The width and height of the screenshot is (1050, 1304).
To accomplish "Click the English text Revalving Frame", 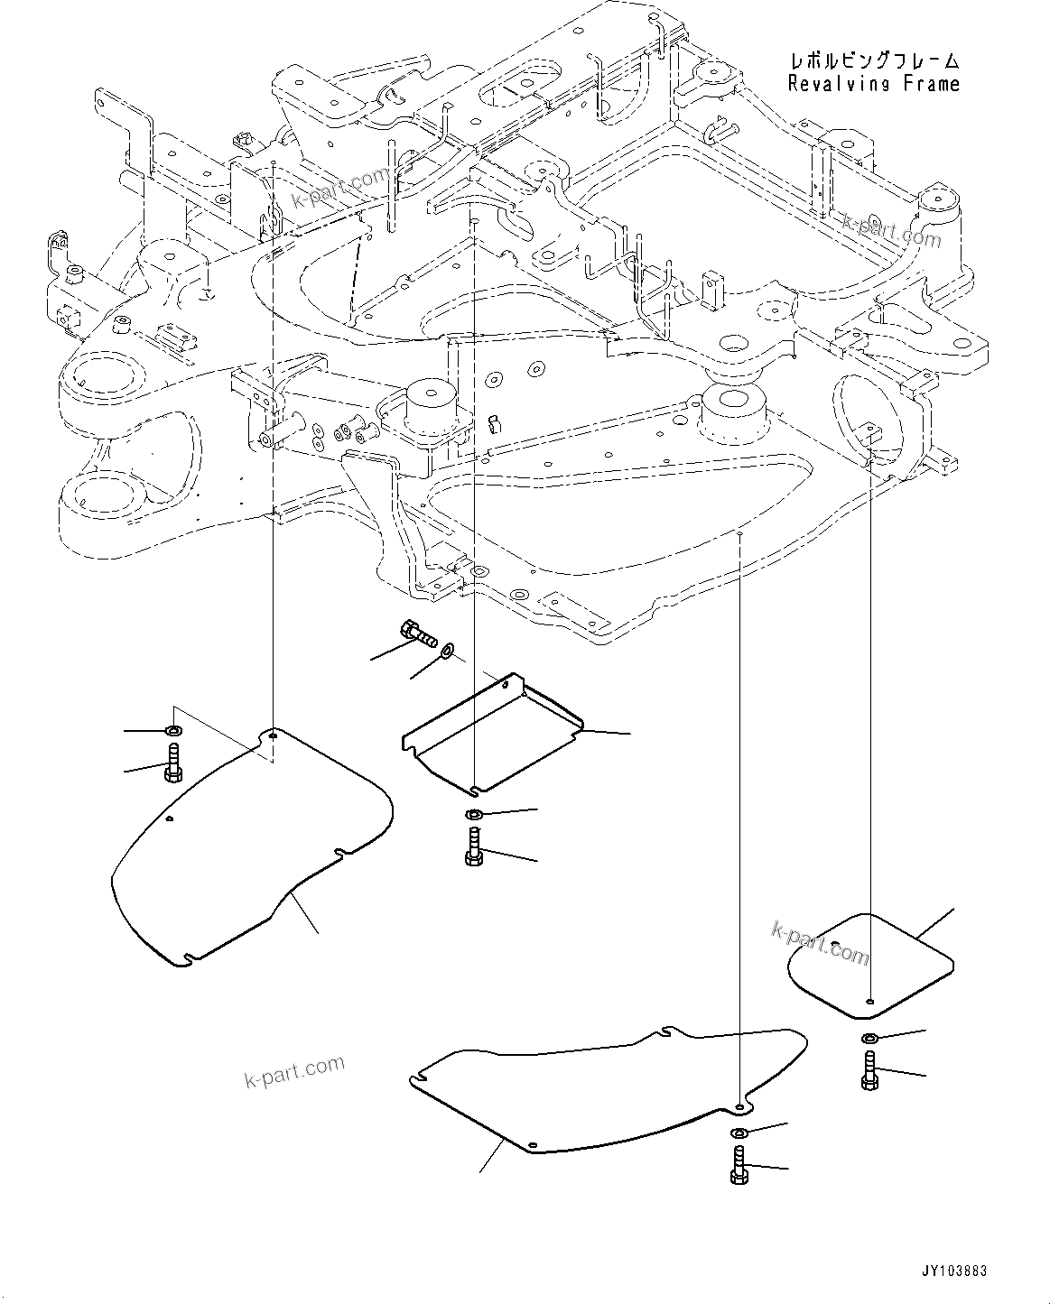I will tap(873, 84).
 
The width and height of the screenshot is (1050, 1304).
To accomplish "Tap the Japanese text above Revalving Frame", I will tap(873, 60).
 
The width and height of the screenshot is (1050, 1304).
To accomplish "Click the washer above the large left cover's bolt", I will tap(173, 730).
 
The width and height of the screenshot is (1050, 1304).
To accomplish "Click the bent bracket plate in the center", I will tap(492, 731).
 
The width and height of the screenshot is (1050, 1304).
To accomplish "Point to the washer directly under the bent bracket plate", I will tap(473, 817).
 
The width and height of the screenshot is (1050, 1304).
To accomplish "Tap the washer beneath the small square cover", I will tap(869, 1038).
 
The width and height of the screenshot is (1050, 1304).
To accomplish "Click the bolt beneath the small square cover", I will tap(869, 1070).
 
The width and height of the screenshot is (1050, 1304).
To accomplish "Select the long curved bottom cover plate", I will tap(605, 1087).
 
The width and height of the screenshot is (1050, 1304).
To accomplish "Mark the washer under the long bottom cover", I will tap(738, 1133).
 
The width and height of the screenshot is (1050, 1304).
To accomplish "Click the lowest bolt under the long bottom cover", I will tap(738, 1165).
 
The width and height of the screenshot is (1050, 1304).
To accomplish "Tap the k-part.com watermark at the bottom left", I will tap(294, 1071).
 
